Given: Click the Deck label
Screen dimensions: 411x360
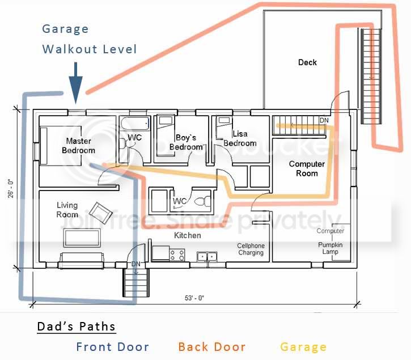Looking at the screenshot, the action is tap(307, 62).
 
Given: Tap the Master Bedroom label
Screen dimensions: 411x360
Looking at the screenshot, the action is tap(78, 146).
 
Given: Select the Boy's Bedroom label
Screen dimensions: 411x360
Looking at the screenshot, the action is tap(186, 142).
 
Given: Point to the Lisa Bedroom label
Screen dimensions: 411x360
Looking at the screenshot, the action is tap(240, 138).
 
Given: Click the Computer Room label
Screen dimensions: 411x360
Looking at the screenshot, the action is tap(307, 168).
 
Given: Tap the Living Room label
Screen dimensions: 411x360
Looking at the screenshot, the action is tap(67, 210).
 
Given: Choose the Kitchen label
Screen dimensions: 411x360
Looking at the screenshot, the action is tap(188, 235).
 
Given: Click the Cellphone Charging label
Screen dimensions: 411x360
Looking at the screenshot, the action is tap(251, 249).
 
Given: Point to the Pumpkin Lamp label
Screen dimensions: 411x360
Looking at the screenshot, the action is tap(331, 248).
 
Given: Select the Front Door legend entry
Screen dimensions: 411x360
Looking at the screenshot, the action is tap(113, 347).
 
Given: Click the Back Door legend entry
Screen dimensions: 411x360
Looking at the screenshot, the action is tap(212, 347).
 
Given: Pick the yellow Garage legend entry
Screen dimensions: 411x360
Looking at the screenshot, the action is tap(303, 347).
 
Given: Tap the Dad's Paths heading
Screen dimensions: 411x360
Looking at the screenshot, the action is tap(77, 327).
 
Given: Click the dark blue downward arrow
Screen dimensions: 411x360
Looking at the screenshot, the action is tap(76, 83).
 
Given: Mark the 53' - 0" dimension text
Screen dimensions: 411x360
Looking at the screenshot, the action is tap(194, 298).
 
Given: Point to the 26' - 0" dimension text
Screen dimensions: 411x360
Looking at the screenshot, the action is tap(10, 189).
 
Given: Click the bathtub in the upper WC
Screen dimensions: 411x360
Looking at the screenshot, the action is tap(135, 123).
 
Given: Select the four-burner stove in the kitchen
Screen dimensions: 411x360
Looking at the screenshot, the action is tap(177, 255).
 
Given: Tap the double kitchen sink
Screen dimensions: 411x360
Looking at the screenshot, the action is tap(207, 256).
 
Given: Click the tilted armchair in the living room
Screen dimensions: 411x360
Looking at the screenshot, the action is tap(101, 213).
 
